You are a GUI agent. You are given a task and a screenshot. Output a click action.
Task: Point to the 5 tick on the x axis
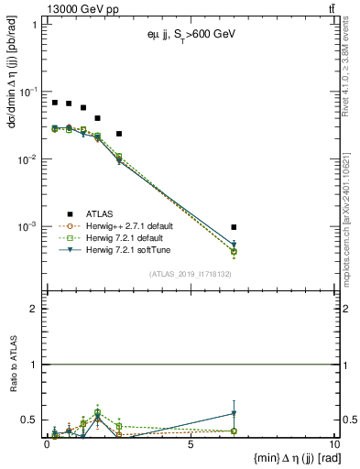(x=190, y=444)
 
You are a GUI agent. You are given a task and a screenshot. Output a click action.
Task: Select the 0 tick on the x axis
(x=47, y=444)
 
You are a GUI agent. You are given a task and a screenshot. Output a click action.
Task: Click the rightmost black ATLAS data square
(x=235, y=227)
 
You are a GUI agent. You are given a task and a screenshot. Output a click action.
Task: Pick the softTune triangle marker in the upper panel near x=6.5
(x=235, y=245)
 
